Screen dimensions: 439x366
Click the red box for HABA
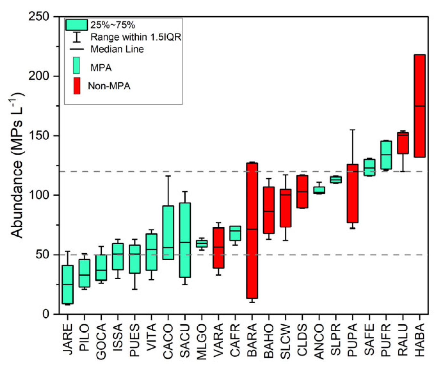[x=419, y=106]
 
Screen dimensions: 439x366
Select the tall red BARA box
[x=252, y=231]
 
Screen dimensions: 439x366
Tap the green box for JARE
[x=68, y=284]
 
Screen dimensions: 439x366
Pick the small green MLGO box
[x=202, y=243]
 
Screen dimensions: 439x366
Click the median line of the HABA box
[x=419, y=106]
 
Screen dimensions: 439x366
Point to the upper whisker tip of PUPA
[x=353, y=130]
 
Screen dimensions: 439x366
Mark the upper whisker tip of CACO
[x=168, y=176]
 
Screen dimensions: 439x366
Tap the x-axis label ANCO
[x=319, y=341]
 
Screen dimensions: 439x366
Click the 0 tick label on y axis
[x=46, y=314]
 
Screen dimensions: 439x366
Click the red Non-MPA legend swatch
[x=77, y=86]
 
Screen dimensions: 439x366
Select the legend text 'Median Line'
[x=117, y=49]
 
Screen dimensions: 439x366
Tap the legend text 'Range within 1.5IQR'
[x=136, y=37]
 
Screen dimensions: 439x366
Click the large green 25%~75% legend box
[x=76, y=25]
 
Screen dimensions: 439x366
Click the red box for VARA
[x=219, y=248]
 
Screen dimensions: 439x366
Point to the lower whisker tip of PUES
[x=135, y=289]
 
